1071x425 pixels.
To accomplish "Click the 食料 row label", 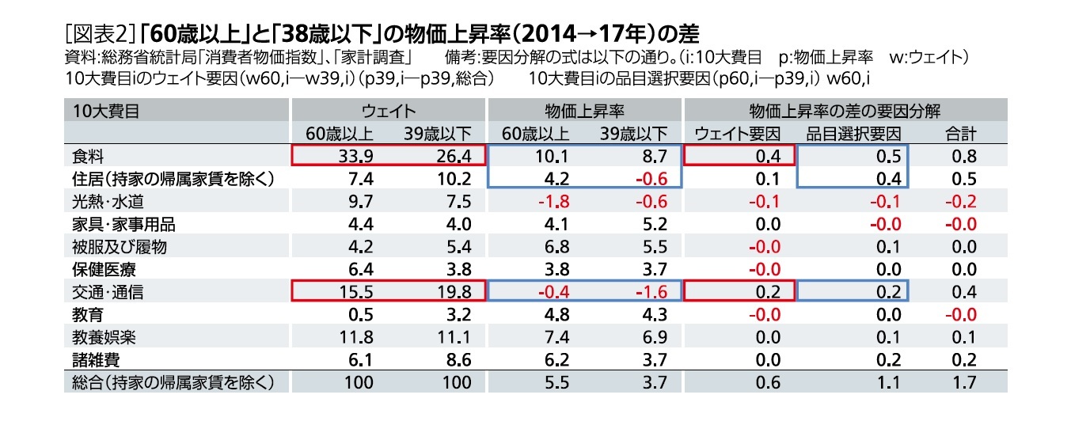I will (83, 155).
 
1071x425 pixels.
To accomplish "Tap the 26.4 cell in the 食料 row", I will (454, 155).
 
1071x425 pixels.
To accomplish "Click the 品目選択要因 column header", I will (853, 133).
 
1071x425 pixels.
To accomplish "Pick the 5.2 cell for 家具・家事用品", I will (651, 224).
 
